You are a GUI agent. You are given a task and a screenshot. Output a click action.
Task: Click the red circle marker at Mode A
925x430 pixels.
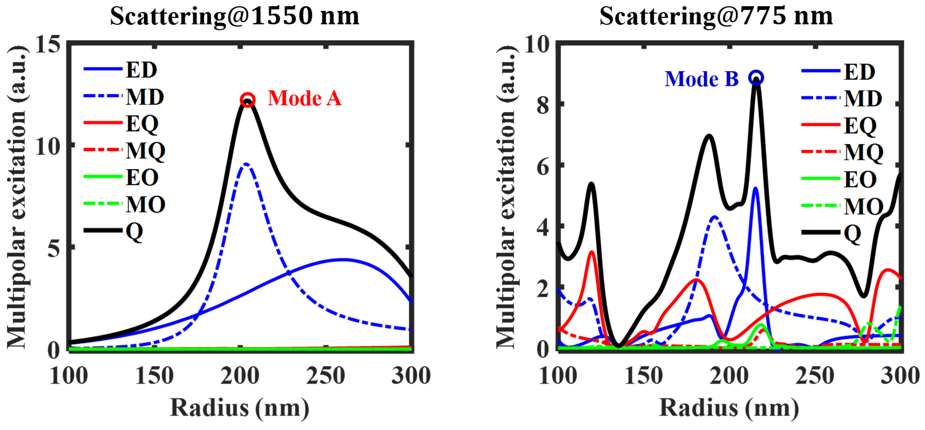pyautogui.click(x=248, y=99)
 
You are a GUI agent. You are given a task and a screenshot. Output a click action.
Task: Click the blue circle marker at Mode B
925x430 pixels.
pyautogui.click(x=756, y=77)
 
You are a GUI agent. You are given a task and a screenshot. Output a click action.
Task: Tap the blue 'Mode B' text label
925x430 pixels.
pyautogui.click(x=701, y=79)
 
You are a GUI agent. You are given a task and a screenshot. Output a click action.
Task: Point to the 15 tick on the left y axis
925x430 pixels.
pyautogui.click(x=47, y=45)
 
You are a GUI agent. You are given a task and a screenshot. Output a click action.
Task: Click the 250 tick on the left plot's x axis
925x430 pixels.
pyautogui.click(x=325, y=376)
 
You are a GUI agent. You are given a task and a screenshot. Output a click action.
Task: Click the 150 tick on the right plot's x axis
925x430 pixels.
pyautogui.click(x=643, y=376)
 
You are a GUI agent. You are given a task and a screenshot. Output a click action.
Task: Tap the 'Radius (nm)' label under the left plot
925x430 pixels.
pyautogui.click(x=239, y=408)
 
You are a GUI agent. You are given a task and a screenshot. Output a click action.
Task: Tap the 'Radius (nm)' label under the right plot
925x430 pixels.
pyautogui.click(x=729, y=408)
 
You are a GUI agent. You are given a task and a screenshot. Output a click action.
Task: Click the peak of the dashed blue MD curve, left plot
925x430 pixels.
pyautogui.click(x=246, y=164)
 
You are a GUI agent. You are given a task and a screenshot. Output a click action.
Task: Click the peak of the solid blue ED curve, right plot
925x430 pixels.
pyautogui.click(x=755, y=188)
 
